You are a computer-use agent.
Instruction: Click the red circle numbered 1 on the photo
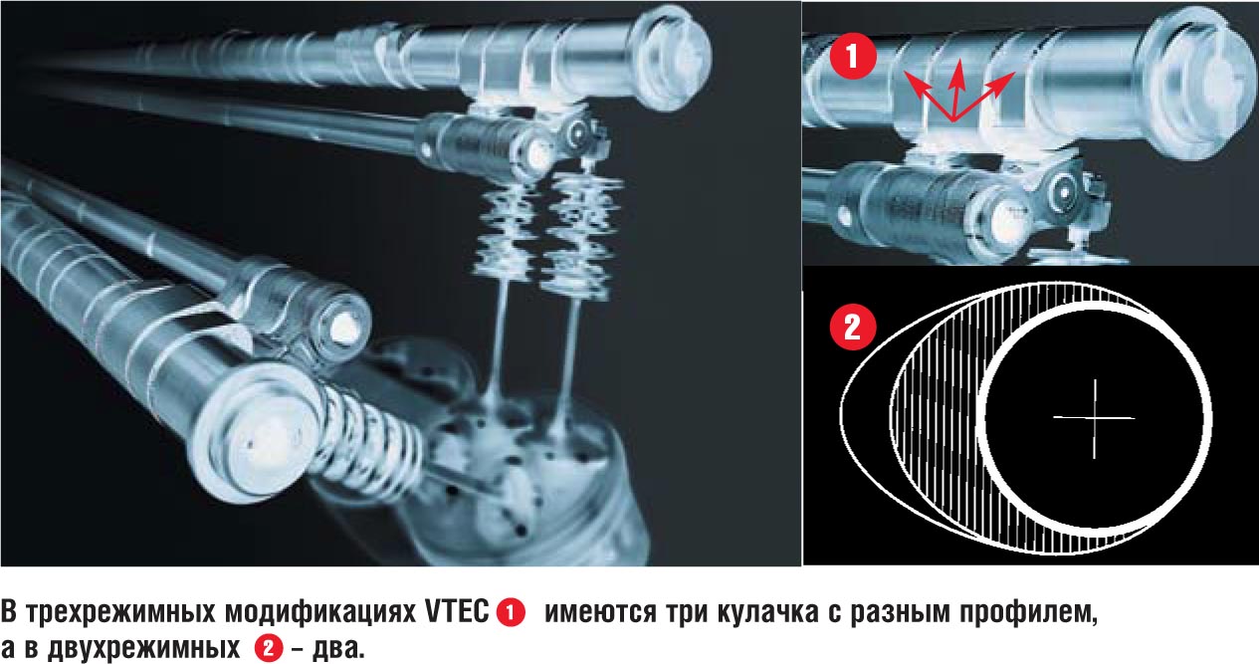(x=853, y=57)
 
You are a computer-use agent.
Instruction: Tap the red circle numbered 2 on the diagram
(x=853, y=328)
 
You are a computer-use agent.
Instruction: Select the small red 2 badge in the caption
(x=268, y=648)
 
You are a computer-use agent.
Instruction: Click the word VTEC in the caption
(x=457, y=612)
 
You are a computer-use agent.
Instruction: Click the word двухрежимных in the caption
(x=144, y=650)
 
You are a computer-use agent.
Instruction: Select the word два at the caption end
(x=338, y=649)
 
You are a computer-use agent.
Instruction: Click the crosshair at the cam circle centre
(x=1094, y=418)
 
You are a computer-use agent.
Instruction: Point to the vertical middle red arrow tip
(x=958, y=59)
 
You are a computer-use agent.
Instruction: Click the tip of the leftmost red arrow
(x=904, y=72)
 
